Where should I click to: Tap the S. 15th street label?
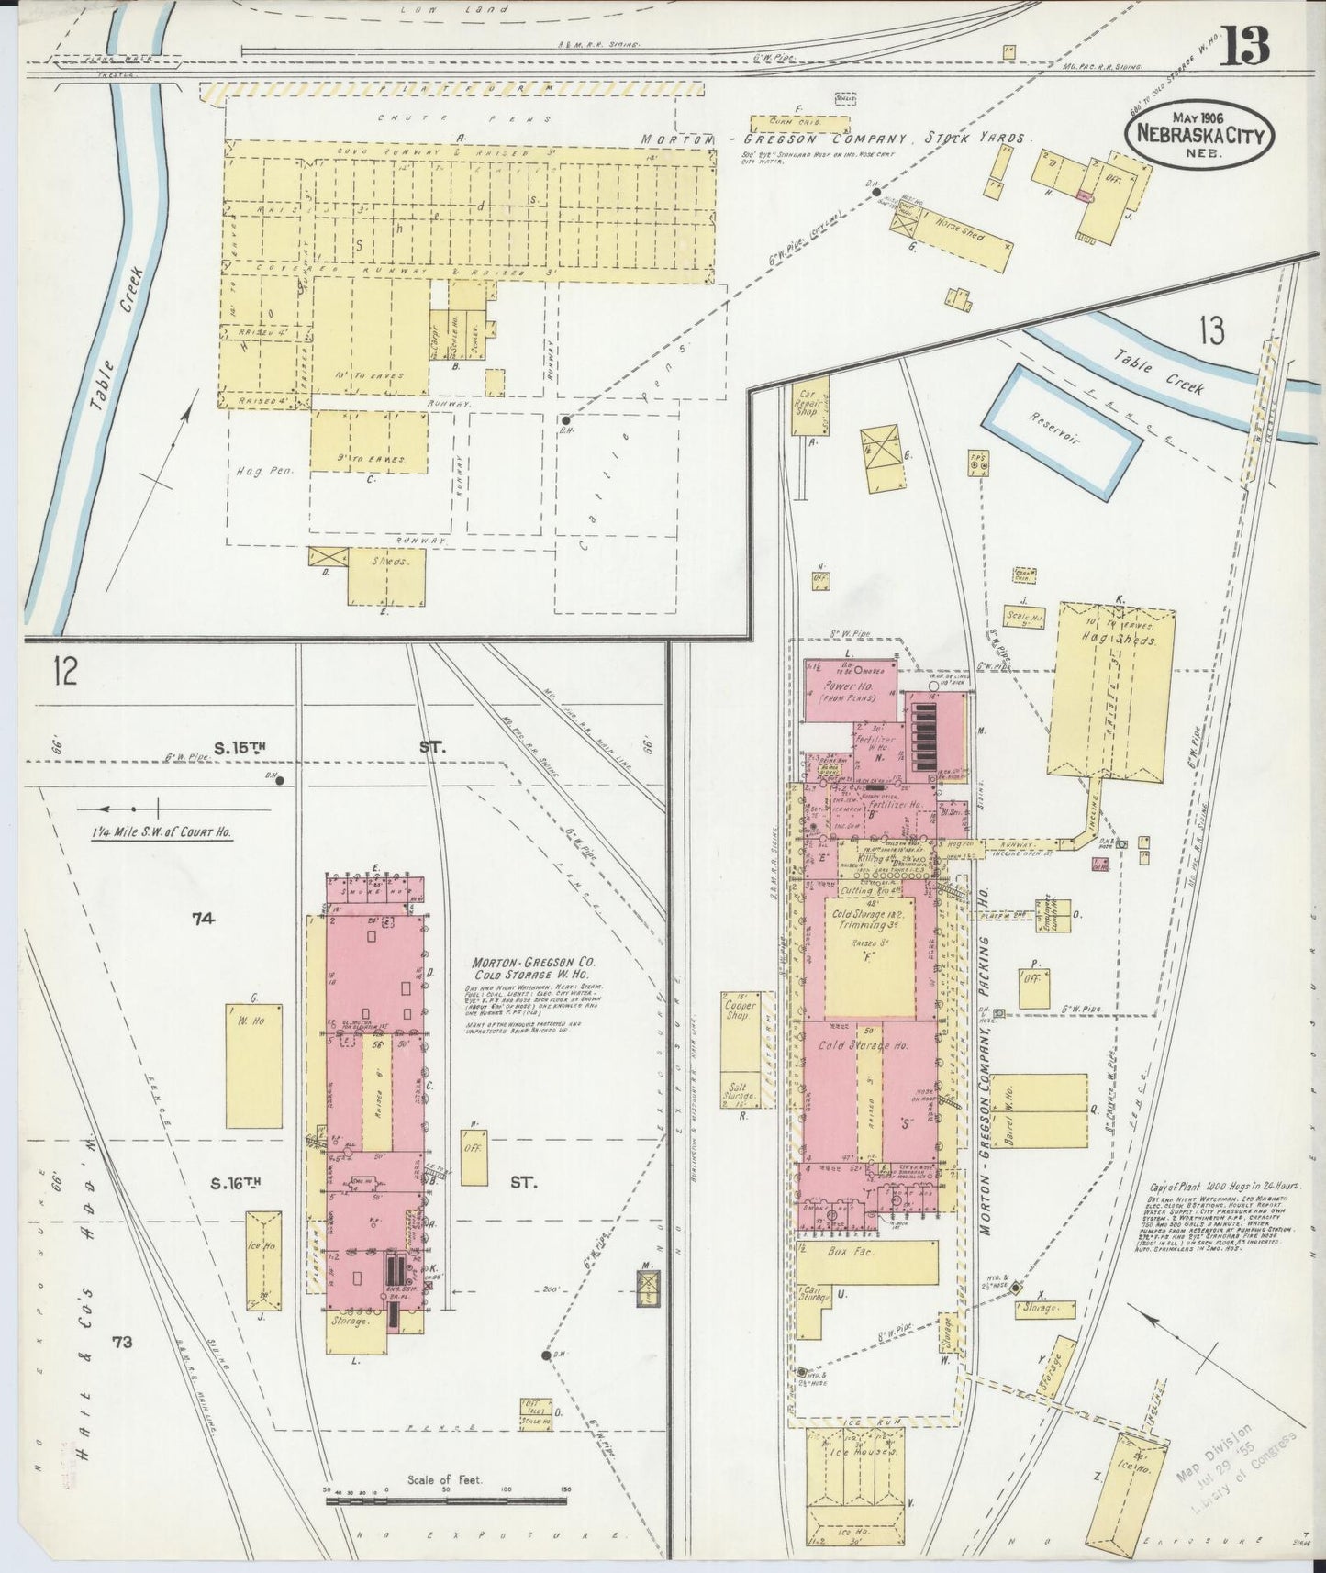click(x=240, y=748)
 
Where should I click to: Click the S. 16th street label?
click(x=237, y=1183)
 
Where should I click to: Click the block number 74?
click(x=203, y=917)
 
